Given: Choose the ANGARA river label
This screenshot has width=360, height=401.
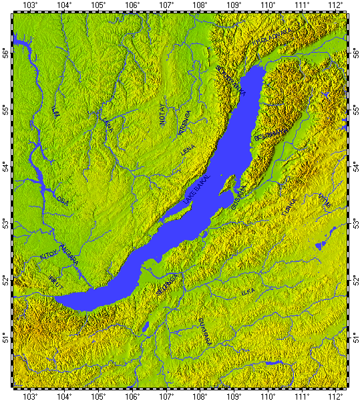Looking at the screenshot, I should (69, 253).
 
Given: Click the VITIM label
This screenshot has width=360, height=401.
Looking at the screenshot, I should (323, 198).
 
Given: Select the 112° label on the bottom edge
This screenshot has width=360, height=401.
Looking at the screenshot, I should (336, 396).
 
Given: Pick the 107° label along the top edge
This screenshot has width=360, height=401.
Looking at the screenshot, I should (166, 5).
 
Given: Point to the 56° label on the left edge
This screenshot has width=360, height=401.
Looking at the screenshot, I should (6, 51).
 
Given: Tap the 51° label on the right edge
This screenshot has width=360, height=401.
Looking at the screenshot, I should (354, 335).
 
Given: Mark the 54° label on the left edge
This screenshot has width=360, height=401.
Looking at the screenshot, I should (6, 165).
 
